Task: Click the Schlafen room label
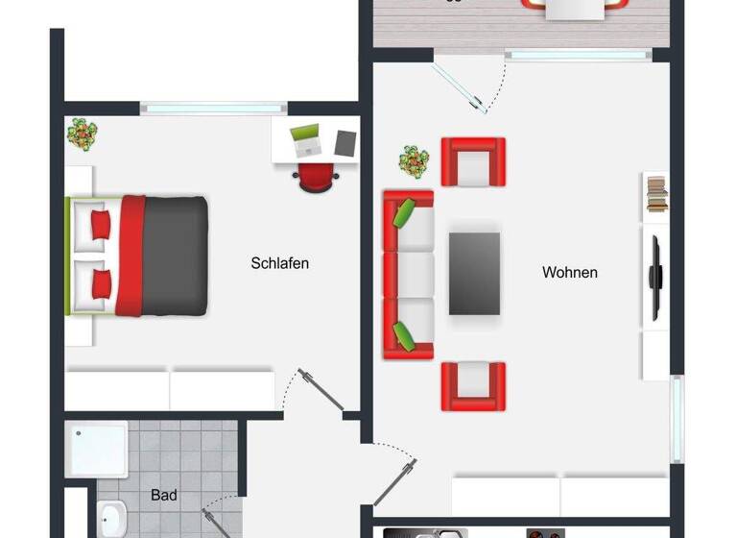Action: (280, 263)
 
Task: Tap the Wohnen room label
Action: (570, 273)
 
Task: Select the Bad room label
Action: (164, 496)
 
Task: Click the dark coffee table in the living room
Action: (475, 273)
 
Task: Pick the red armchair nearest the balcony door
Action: (473, 161)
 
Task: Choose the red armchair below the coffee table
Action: (473, 384)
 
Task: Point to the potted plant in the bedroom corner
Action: (83, 133)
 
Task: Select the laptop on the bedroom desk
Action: (306, 141)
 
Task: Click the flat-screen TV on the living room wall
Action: (656, 277)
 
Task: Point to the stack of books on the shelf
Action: (656, 195)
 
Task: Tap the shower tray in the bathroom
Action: (97, 449)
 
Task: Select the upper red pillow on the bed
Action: (101, 225)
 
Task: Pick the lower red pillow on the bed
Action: (101, 282)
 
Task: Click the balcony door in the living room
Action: (470, 85)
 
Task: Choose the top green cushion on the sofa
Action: (405, 211)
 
